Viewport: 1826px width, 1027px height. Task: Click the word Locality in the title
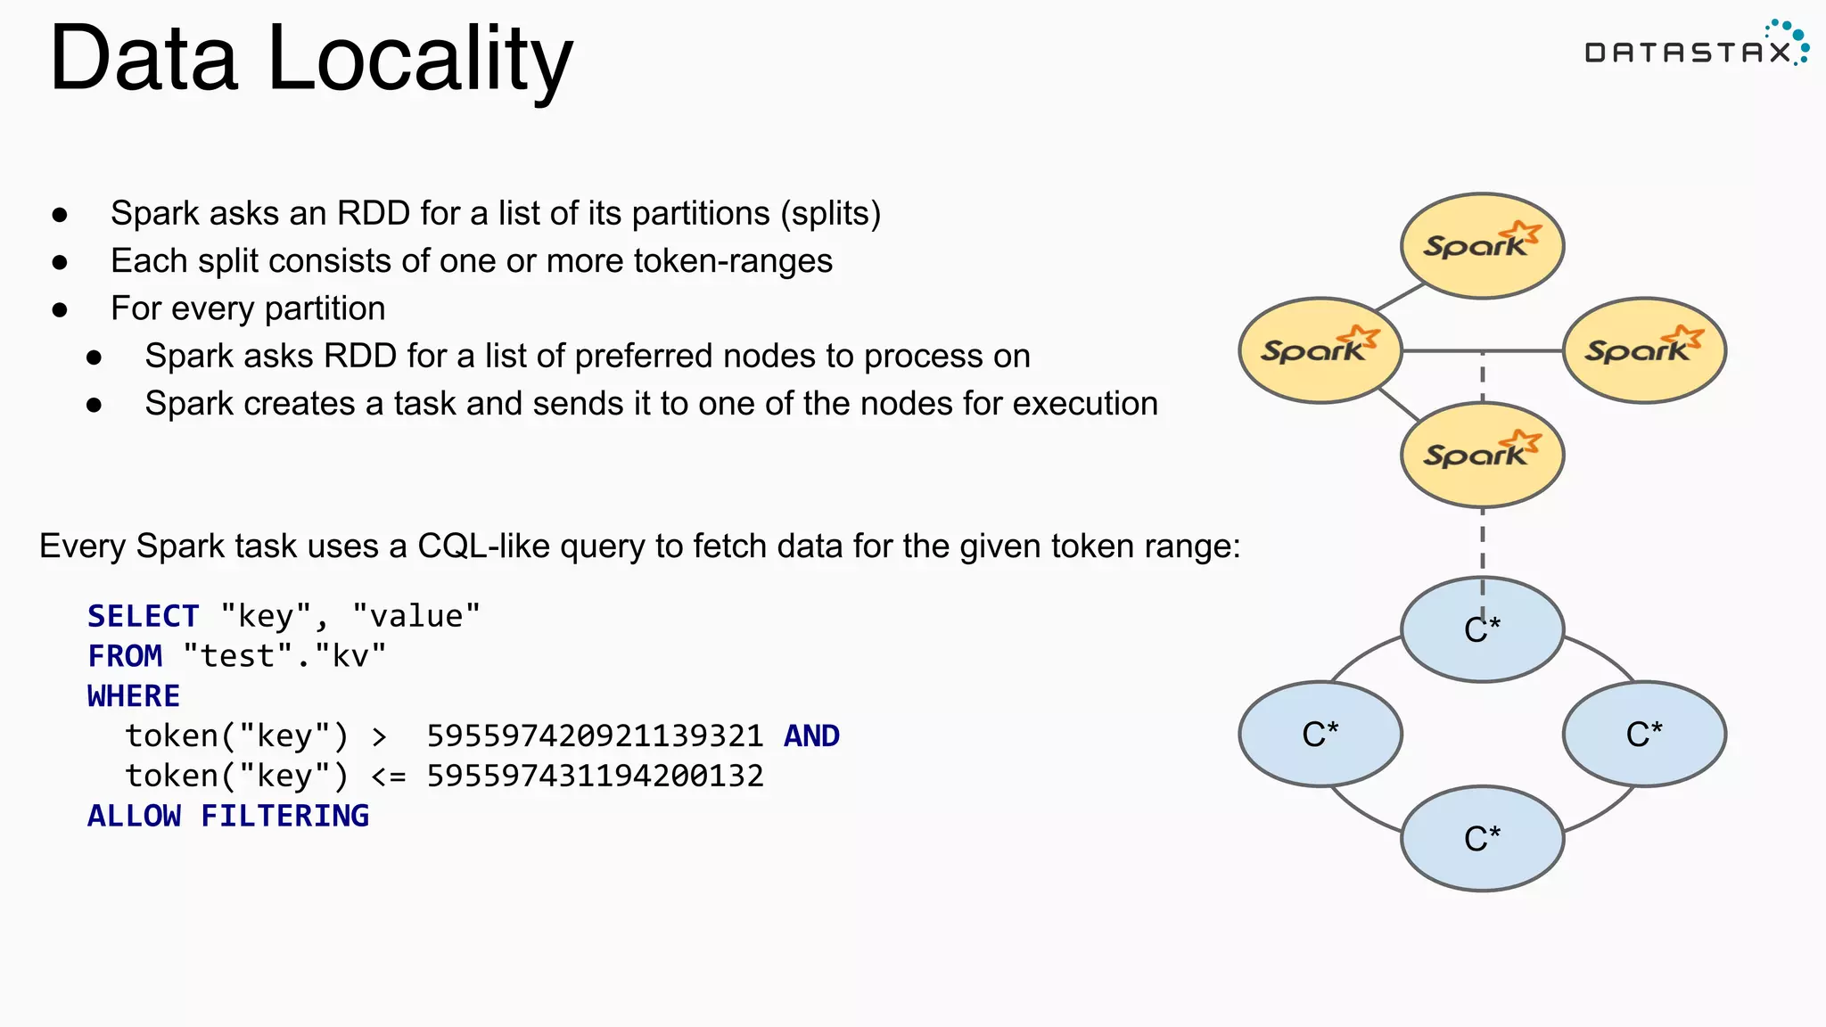coord(419,61)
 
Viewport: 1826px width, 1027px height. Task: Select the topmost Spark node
coord(1482,245)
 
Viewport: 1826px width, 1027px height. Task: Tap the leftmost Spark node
coord(1320,350)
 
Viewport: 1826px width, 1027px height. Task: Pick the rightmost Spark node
coord(1644,350)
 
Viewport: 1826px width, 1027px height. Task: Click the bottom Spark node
coord(1482,455)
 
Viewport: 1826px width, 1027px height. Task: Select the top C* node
coord(1482,629)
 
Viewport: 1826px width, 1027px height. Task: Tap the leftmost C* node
coord(1320,734)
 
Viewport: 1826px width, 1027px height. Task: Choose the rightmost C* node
coord(1644,734)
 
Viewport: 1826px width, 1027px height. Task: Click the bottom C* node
coord(1482,838)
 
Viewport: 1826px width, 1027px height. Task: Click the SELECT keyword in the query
coord(143,616)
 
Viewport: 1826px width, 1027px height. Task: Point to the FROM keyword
coord(125,656)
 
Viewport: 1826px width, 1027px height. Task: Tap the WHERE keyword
coord(134,696)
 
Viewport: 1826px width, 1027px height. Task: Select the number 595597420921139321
coord(595,736)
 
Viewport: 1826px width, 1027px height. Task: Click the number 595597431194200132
coord(595,776)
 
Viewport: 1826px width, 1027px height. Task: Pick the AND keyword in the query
coord(811,736)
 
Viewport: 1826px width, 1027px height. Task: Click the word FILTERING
coord(284,816)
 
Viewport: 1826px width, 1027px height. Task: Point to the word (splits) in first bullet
coord(830,214)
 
